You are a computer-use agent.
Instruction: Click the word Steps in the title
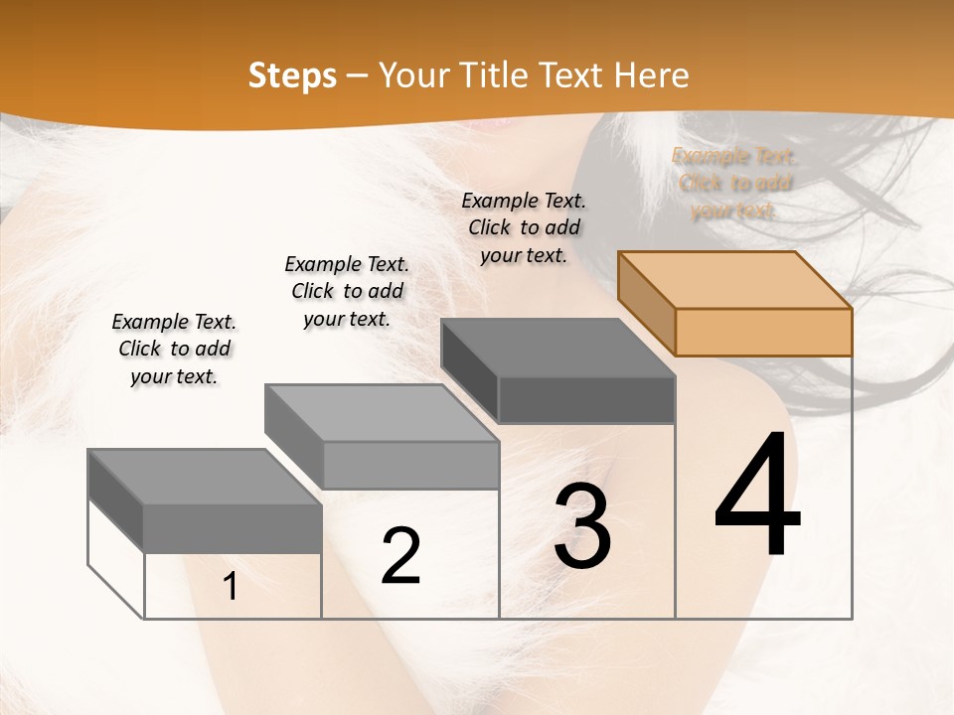coord(292,75)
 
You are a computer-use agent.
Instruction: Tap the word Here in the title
coord(651,75)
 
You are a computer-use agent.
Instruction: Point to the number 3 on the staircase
coord(582,526)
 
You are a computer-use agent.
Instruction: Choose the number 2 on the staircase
coord(400,556)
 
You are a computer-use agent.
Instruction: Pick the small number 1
coord(231,586)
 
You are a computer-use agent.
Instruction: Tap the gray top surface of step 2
coord(382,413)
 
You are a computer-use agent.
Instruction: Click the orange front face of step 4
coord(763,332)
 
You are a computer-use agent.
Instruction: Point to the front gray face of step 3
coord(586,400)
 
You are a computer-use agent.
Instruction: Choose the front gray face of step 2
coord(410,465)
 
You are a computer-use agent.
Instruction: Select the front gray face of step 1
coord(233,527)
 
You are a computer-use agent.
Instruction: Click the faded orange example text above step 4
coord(734,183)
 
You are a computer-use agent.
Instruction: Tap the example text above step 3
coord(524,227)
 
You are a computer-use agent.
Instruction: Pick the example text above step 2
coord(347,291)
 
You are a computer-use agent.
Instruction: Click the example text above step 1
coord(174,349)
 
